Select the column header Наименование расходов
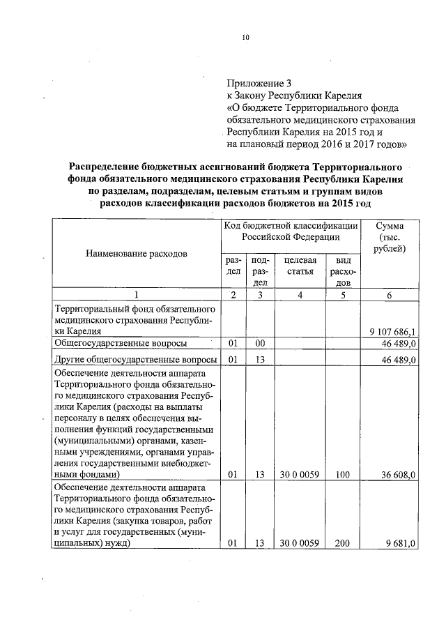137,253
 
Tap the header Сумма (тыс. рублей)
390,237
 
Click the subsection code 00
260,344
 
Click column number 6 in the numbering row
390,296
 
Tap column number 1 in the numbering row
137,296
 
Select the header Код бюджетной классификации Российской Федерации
291,231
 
